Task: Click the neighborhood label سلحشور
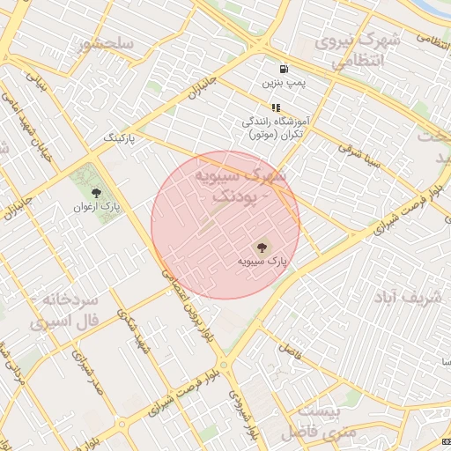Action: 106,44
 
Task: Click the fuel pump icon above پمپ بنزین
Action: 283,69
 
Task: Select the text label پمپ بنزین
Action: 283,83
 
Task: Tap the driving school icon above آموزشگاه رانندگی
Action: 275,107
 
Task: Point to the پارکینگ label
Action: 122,138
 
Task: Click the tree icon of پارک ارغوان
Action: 95,192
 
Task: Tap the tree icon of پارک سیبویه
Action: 261,248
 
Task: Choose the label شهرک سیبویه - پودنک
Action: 243,186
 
